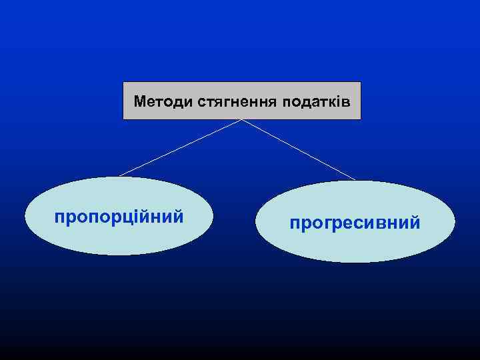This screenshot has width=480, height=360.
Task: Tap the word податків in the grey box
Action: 316,102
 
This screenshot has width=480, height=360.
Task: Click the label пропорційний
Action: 119,217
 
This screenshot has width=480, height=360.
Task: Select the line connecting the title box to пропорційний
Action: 180,148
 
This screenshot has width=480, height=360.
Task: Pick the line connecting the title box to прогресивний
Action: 297,149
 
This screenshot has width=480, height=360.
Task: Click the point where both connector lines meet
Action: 241,120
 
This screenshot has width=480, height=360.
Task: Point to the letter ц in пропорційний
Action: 124,218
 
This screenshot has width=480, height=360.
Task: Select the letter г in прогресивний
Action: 327,223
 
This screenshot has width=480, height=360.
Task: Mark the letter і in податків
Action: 337,102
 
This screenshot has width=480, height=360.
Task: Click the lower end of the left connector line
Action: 120,176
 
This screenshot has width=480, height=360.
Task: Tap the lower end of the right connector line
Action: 355,179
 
